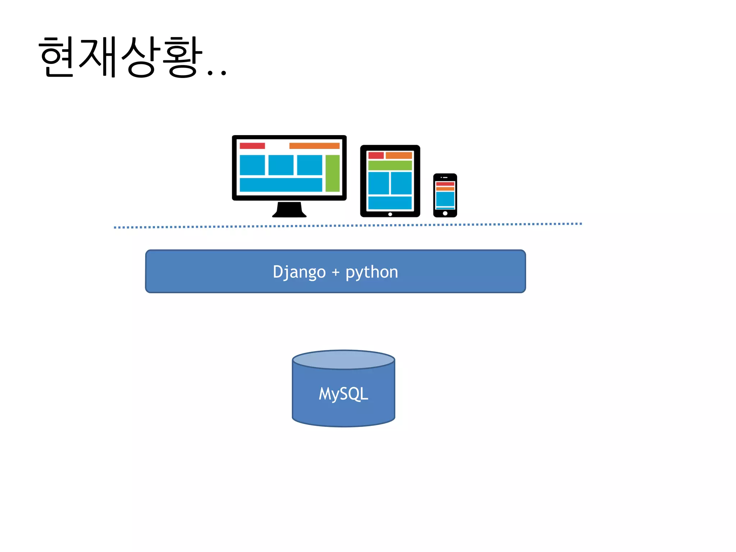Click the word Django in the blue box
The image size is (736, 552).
pos(299,272)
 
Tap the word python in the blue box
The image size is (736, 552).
pos(372,272)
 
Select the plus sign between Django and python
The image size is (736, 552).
pos(336,272)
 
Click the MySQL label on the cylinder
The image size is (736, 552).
pos(343,394)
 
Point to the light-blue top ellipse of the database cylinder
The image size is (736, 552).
pos(344,360)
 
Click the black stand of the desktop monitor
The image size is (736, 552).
pos(289,210)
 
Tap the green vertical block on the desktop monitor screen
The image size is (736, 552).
pos(332,173)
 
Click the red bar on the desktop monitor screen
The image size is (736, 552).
pos(252,146)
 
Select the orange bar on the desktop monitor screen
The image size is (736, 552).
pos(314,146)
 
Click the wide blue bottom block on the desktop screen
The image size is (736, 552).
pos(281,185)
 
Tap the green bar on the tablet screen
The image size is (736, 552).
pos(390,165)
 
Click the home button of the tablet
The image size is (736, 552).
pos(390,214)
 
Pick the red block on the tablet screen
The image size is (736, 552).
pos(376,155)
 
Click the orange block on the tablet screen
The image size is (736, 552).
pos(399,155)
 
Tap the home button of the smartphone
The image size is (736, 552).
pos(445,213)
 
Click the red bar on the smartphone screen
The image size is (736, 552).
pos(445,184)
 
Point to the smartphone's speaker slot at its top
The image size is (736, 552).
pos(445,178)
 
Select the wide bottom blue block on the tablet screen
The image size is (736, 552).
pos(390,202)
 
